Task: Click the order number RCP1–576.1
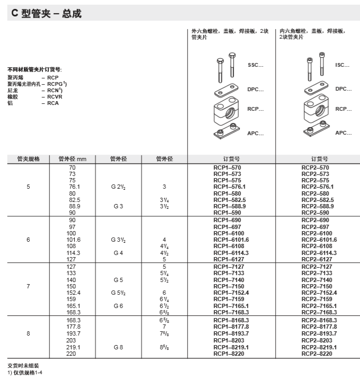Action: (230, 187)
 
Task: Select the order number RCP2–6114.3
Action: (319, 253)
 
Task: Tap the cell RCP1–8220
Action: (230, 354)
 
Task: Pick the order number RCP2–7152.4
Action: (319, 293)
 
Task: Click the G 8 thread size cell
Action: (118, 347)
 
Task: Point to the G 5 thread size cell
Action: (118, 279)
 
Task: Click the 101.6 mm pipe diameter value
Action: (72, 240)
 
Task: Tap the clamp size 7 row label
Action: (28, 286)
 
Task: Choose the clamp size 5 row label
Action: (28, 187)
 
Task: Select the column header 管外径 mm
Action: (72, 159)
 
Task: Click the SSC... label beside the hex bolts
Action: (255, 65)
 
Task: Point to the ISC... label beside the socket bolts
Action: (343, 65)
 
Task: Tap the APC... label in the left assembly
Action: (255, 133)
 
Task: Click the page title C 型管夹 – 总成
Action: (47, 14)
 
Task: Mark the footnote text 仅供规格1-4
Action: (27, 372)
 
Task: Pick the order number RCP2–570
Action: (319, 167)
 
